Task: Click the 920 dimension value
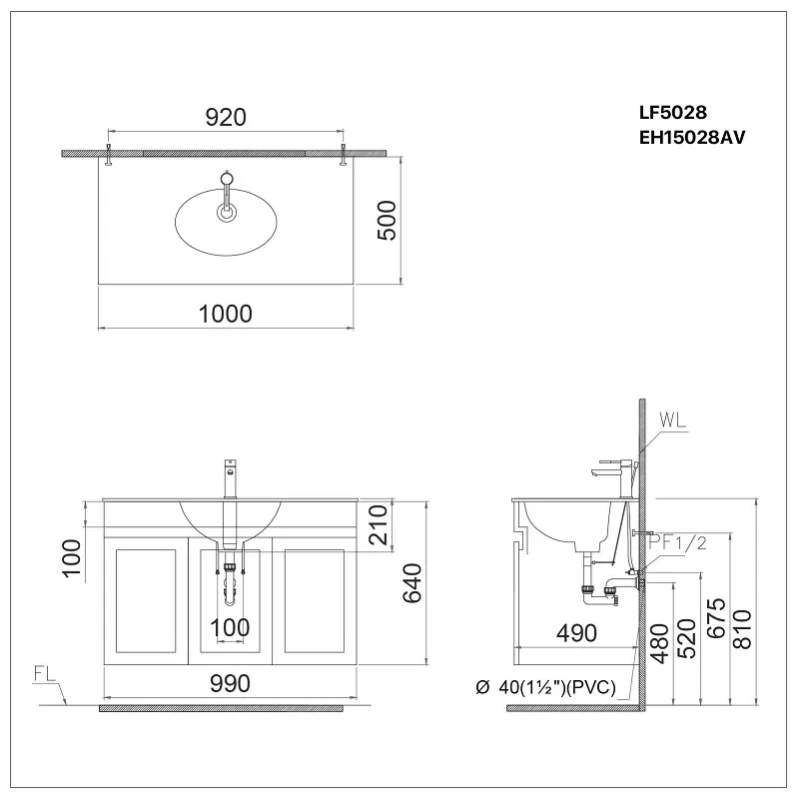click(226, 117)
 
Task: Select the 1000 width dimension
click(226, 314)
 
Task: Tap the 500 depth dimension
click(387, 220)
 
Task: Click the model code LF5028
click(673, 112)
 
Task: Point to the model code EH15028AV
click(692, 137)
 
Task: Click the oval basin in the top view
click(226, 223)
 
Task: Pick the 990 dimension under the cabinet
click(230, 684)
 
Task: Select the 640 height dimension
click(412, 583)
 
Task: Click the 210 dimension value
click(379, 525)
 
